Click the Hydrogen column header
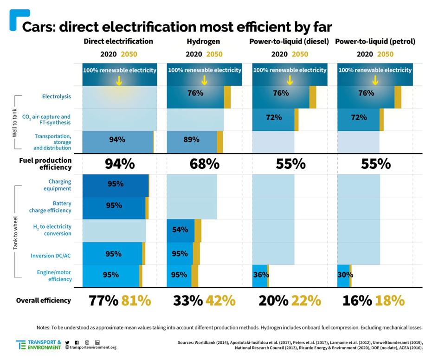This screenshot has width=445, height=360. (x=203, y=41)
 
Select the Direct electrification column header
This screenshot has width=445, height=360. (x=118, y=41)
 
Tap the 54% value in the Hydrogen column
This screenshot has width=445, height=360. (x=180, y=230)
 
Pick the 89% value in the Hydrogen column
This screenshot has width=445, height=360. (x=191, y=139)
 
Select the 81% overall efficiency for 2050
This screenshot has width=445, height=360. (x=136, y=301)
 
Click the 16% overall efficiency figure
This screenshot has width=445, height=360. (x=357, y=301)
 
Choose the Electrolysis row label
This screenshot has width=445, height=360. (x=56, y=96)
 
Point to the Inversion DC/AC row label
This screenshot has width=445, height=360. (x=51, y=255)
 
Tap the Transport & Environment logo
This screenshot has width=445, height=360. (x=38, y=345)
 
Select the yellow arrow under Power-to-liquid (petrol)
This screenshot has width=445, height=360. (x=375, y=80)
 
